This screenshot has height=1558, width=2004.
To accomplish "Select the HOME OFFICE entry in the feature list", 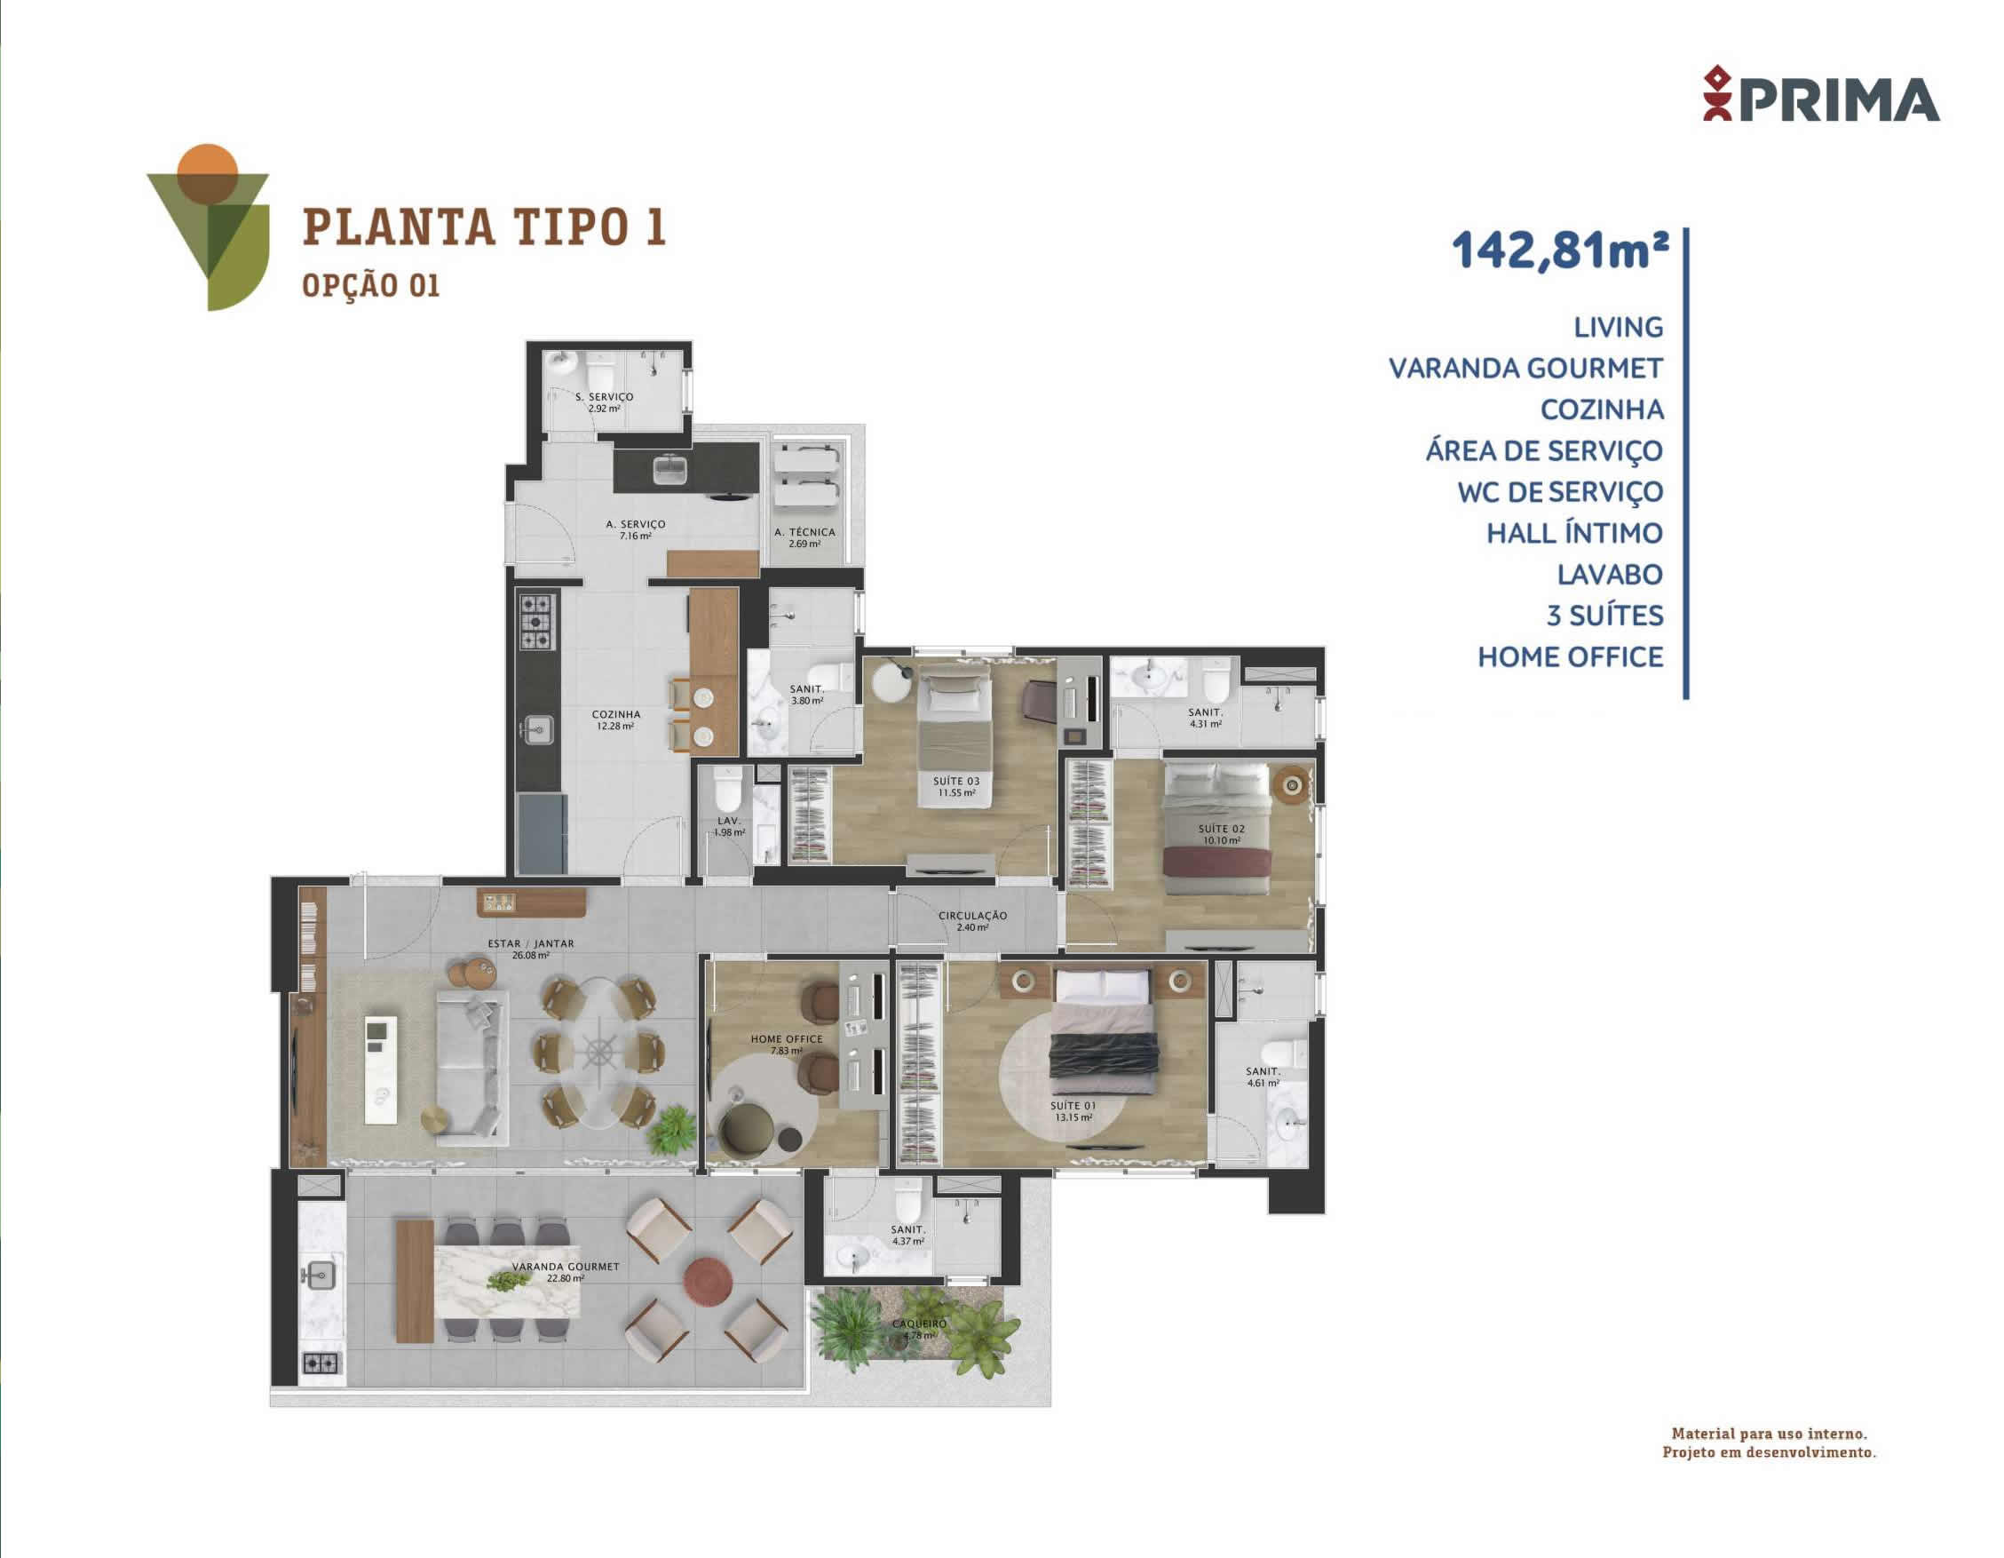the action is pos(1570,656).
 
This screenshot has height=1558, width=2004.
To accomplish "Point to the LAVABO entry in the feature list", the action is pos(1610,575).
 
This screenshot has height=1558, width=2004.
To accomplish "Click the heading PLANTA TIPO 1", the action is pos(485,227).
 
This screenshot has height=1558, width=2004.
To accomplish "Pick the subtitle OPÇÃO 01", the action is pos(371,284).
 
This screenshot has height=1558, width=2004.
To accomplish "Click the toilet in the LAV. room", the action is pos(726,790).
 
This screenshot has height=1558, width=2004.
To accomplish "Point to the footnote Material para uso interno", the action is pos(1769,1433).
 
